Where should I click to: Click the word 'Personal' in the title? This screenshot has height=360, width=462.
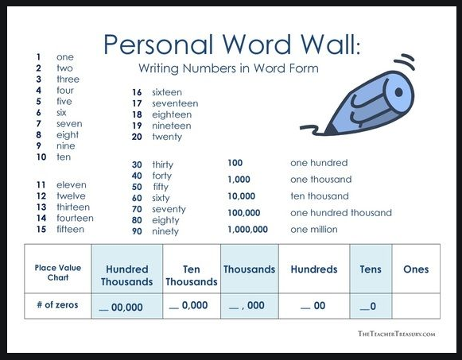[158, 45]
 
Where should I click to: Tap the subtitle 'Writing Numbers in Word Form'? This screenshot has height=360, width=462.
[229, 68]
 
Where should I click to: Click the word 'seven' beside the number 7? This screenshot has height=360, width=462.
[69, 124]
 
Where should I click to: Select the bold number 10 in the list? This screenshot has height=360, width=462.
[41, 157]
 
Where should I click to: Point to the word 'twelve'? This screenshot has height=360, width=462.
[71, 196]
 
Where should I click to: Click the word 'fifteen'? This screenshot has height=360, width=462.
[71, 230]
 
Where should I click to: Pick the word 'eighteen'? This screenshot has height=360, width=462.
[172, 114]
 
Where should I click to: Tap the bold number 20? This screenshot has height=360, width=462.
[137, 137]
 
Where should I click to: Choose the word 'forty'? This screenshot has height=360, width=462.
[161, 176]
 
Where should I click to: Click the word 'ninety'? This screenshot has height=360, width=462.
[165, 231]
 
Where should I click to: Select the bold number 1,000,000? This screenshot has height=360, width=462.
[247, 230]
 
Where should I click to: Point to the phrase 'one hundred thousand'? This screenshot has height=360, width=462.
[341, 213]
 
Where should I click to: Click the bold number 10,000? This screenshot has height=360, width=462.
[241, 196]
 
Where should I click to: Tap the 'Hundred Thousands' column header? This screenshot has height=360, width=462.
[126, 276]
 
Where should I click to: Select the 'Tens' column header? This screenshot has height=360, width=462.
[371, 269]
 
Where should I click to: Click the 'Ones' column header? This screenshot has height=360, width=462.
[416, 269]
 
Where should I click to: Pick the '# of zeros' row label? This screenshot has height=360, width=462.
[57, 304]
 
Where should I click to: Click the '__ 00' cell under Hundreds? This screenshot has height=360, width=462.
[313, 306]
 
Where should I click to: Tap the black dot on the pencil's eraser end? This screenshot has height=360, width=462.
[398, 92]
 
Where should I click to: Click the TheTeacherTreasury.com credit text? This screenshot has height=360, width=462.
[396, 334]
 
